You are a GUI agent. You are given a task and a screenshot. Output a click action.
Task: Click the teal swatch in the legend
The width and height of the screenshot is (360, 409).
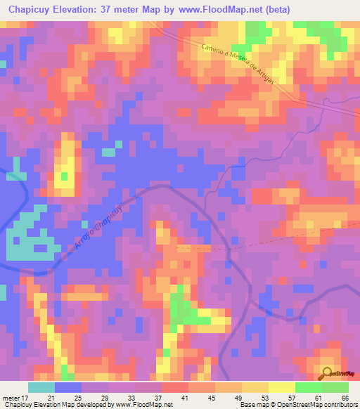[41, 387]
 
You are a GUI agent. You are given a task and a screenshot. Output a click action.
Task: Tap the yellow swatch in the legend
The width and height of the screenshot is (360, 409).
[282, 387]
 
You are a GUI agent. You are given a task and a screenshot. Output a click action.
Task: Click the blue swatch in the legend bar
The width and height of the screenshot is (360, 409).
[68, 387]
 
